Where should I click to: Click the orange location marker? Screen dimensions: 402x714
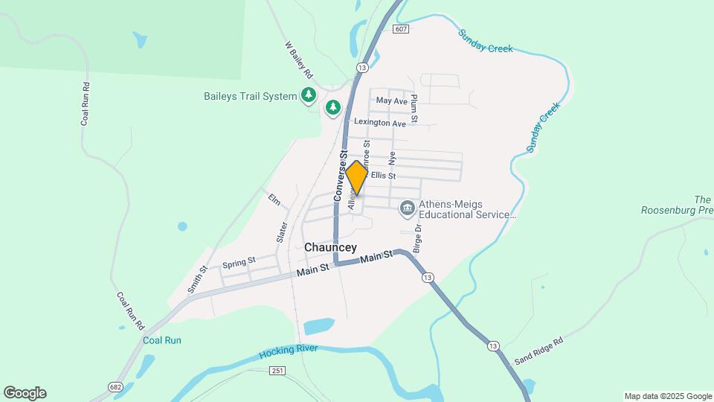(x=356, y=178)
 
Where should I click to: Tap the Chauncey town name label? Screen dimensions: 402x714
(x=330, y=247)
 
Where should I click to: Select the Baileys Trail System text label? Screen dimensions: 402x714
(x=251, y=96)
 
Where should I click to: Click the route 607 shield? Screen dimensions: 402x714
(x=401, y=29)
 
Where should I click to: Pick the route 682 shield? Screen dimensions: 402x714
(x=115, y=386)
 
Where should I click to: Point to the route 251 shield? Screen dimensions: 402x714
(x=277, y=371)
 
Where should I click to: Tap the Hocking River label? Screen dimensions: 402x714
(x=289, y=350)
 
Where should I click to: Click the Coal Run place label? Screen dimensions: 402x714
(x=161, y=340)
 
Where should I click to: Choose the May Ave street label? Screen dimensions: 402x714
(x=392, y=100)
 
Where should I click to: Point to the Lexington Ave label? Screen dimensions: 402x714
(x=380, y=123)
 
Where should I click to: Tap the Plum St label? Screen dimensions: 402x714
(x=414, y=108)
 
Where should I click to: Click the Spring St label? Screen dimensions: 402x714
(x=239, y=263)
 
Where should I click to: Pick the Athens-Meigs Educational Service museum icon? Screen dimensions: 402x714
(x=407, y=208)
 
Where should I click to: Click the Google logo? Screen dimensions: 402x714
(x=25, y=393)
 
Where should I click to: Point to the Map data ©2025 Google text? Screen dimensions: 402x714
(x=667, y=396)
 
